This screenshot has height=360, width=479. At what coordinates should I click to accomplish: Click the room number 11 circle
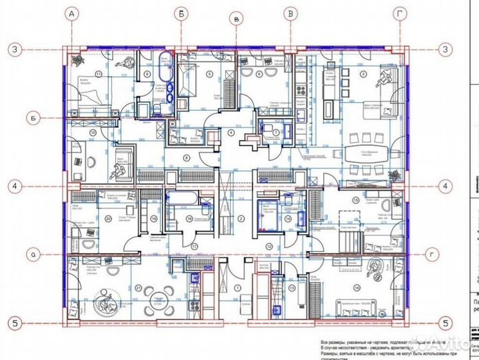tap(98, 74)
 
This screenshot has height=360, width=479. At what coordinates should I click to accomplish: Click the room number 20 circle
tap(108, 217)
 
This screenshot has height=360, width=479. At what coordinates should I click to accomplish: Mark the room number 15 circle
tap(356, 199)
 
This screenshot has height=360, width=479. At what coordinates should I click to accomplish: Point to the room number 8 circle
tap(187, 157)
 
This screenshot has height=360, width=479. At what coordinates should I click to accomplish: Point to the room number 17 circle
tap(195, 245)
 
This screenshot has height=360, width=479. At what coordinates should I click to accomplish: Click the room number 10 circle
tap(93, 133)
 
